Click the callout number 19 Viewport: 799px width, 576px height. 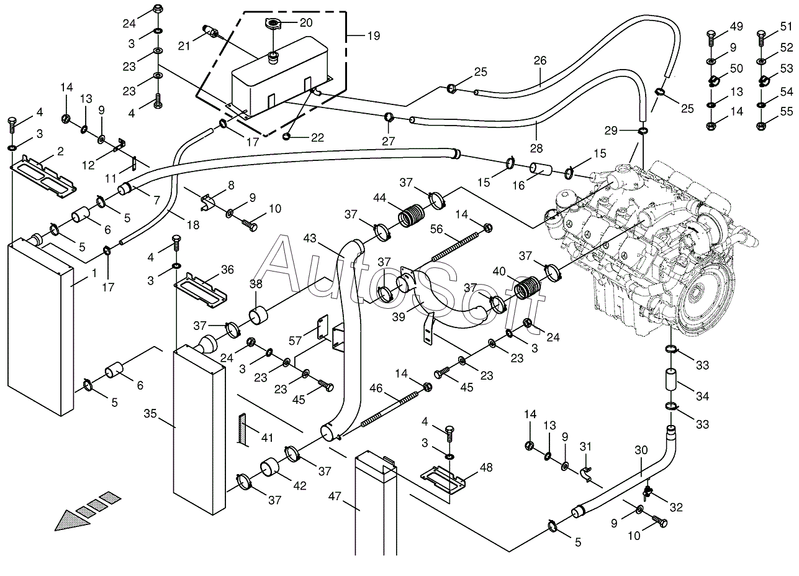pos(374,35)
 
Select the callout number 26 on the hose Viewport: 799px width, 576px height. pos(540,60)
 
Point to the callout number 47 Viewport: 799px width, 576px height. pos(335,496)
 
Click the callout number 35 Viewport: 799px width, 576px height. pos(150,414)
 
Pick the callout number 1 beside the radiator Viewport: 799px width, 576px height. pos(94,273)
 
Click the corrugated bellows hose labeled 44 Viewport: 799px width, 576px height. pos(411,215)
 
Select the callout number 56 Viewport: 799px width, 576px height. pos(436,229)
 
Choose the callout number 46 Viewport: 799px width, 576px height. pos(376,388)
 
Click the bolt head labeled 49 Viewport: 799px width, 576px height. pos(711,35)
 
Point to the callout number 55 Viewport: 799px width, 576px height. pos(786,111)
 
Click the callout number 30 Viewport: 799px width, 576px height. pos(641,450)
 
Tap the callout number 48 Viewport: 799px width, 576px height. pos(487,467)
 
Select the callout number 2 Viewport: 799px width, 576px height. pos(60,151)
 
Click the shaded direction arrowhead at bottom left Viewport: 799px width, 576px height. pos(73,521)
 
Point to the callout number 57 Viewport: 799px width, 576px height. pos(295,341)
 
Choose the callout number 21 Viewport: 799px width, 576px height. pos(184,46)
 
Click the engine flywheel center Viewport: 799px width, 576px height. pos(693,294)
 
